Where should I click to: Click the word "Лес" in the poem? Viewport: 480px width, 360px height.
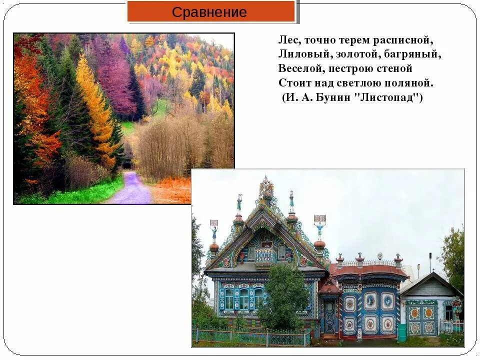click(287, 39)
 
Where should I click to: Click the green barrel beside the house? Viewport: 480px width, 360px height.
click(401, 332)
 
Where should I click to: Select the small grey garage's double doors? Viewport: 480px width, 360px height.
click(421, 319)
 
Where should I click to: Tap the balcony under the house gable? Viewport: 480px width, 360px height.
click(264, 255)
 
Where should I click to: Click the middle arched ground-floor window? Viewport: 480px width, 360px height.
click(243, 299)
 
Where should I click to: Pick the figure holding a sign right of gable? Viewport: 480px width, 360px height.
click(319, 227)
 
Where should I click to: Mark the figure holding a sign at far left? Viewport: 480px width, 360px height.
click(214, 231)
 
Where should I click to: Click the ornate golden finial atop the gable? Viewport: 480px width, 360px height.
click(265, 187)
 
